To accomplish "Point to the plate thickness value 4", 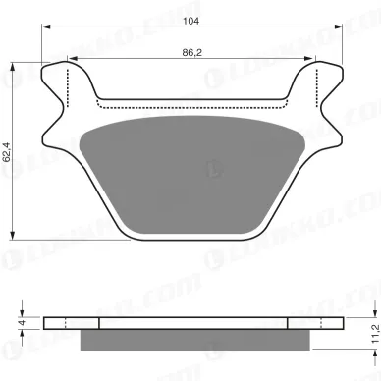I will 20,321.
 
